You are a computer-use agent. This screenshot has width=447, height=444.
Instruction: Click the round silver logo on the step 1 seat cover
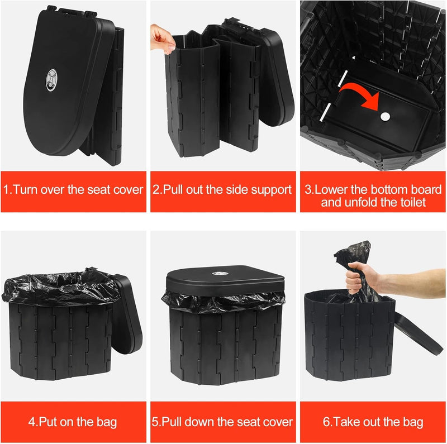pos(51,80)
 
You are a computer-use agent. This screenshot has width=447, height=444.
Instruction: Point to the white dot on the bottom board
pos(385,116)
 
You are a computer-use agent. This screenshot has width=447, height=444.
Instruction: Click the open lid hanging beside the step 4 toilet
pos(127,313)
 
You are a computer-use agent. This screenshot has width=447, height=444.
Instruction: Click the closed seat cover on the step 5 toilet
pos(225,281)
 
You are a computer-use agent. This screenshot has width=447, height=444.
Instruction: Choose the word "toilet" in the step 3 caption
pos(413,202)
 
